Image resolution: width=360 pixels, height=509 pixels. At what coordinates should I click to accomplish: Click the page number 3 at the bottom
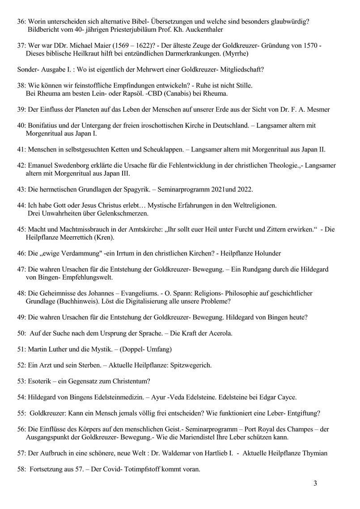(x=315, y=483)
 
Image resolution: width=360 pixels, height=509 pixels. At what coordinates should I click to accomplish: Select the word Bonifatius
(x=44, y=126)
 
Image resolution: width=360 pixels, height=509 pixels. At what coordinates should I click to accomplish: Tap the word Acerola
(x=219, y=333)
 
